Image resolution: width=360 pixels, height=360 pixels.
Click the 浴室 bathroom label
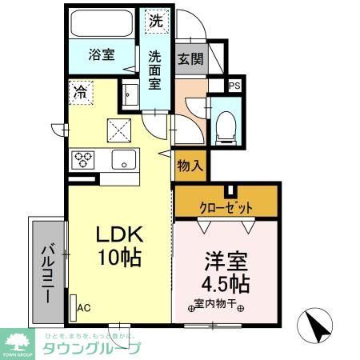point(101,55)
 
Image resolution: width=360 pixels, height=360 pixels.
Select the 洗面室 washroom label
point(155,70)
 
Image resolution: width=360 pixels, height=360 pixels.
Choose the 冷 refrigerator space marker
point(80,91)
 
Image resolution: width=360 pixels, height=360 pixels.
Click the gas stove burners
point(84,158)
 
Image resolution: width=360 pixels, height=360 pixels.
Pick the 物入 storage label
point(190,166)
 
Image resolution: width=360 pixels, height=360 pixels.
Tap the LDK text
point(119,234)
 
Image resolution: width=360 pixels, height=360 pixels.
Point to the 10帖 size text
point(119,258)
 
